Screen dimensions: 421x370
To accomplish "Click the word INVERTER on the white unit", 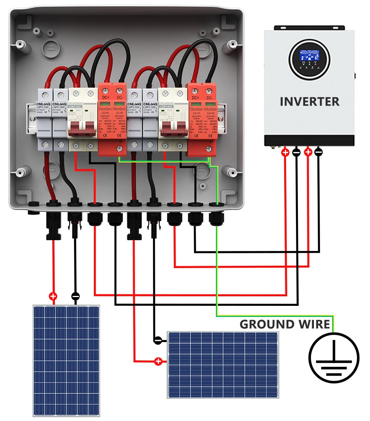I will point(309,101).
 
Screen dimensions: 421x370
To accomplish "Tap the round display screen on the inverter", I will point(309,59).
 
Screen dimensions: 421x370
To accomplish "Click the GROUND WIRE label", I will point(285,324).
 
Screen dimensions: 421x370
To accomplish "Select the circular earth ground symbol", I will point(334,358).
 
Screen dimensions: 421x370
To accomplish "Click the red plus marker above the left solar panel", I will point(53,296).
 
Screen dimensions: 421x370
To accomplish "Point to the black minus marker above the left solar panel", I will point(76,296).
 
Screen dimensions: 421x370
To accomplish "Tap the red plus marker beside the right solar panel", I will point(158,361).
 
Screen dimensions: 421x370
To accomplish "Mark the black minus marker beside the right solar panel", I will point(158,339).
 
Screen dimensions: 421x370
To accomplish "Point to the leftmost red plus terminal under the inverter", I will point(285,152).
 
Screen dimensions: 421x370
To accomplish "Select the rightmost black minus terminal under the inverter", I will point(319,152).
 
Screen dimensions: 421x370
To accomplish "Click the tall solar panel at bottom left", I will point(66,360).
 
